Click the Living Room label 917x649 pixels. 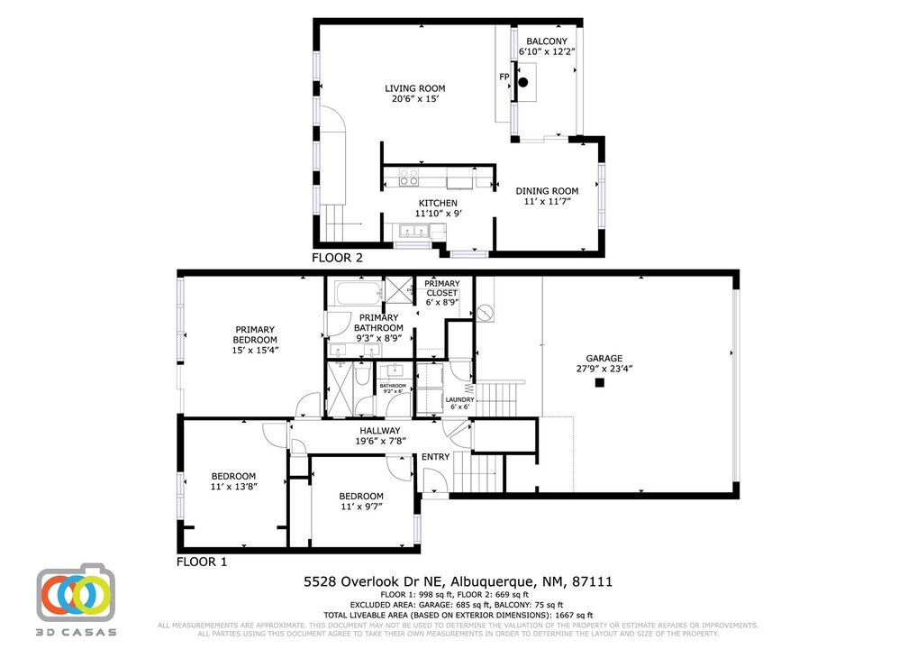(x=414, y=88)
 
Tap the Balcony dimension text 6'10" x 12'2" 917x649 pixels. (x=547, y=52)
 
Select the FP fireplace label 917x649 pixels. (x=504, y=78)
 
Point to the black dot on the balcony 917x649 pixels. (x=522, y=82)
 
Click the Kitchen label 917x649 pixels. (x=438, y=203)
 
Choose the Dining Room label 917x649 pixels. (x=547, y=191)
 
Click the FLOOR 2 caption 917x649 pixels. (x=337, y=258)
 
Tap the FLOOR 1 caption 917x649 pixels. (x=202, y=562)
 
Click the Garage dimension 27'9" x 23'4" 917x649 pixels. (x=604, y=369)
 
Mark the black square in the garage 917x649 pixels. (x=599, y=383)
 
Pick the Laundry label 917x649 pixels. (x=459, y=399)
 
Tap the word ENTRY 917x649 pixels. (x=435, y=457)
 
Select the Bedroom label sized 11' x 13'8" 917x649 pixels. (x=233, y=476)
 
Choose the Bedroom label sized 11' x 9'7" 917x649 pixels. (x=360, y=496)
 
